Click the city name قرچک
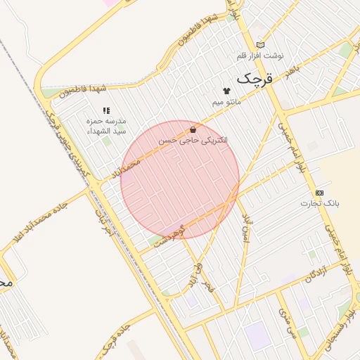(x=254, y=79)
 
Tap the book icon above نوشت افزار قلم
(x=261, y=44)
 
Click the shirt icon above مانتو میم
(x=226, y=91)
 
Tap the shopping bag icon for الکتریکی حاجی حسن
(x=193, y=129)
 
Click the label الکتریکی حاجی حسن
(x=193, y=141)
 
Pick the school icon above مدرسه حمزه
(x=106, y=110)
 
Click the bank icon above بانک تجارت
(x=320, y=192)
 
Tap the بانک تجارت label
(x=320, y=203)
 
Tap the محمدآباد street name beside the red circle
(x=126, y=168)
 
